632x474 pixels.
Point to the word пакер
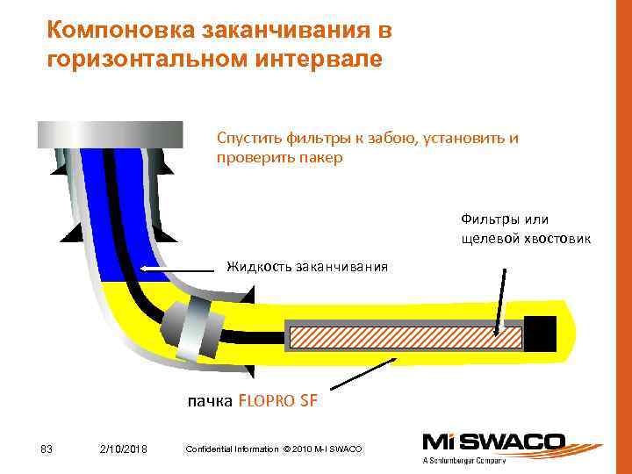322,158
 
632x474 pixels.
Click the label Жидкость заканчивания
307,265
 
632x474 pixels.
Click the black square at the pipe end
540,334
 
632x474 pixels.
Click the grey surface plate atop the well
110,134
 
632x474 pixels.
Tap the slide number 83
47,449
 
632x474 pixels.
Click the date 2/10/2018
124,449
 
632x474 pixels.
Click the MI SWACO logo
493,442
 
